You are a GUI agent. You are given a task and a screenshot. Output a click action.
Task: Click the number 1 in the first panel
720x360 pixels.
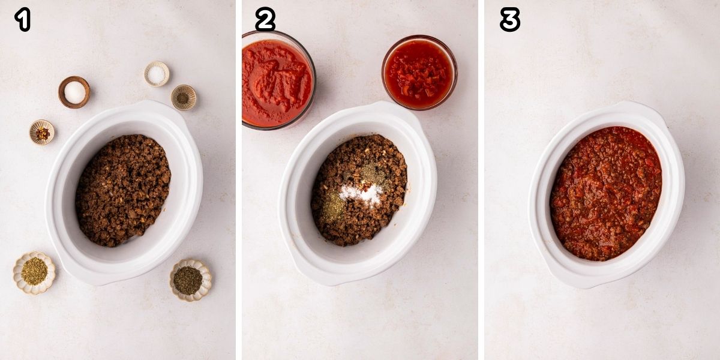[22, 19]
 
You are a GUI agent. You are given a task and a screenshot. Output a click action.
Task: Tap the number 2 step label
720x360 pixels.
[265, 19]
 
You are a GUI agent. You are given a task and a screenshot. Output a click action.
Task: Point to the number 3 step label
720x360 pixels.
[509, 19]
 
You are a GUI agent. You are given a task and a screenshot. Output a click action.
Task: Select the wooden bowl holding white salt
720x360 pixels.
[74, 92]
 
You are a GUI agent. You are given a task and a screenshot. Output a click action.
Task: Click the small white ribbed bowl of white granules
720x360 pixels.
[157, 74]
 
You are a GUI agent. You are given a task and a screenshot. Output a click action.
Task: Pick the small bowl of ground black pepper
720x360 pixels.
[184, 97]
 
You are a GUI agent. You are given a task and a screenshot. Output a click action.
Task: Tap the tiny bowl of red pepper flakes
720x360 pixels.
[42, 133]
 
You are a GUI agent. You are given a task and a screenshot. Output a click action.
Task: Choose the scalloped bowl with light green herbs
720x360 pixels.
[34, 272]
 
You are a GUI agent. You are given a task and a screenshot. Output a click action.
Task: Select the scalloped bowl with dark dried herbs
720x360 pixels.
[190, 280]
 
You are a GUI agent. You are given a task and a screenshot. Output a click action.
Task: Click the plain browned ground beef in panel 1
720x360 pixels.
[123, 189]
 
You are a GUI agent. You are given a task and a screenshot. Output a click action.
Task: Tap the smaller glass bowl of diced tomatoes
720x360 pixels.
[419, 72]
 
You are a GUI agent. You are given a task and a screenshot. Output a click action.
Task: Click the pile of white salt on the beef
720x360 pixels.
[361, 193]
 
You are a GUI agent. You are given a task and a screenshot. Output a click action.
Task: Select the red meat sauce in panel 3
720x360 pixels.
[606, 192]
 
